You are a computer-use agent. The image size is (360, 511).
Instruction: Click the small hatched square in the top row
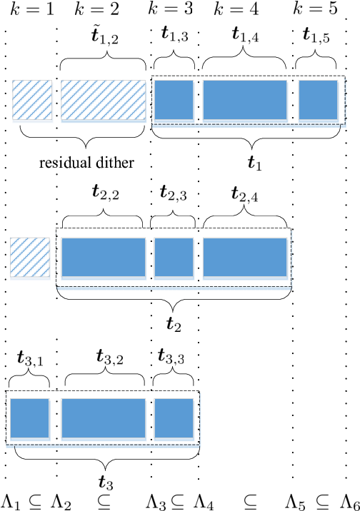[x=32, y=100]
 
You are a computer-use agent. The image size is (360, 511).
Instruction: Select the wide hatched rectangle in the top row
[x=103, y=100]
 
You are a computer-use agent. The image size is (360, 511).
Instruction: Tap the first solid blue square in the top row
[x=174, y=100]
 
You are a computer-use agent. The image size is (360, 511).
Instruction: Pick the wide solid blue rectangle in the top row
[x=245, y=100]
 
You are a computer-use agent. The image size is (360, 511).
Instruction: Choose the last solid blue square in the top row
[x=318, y=100]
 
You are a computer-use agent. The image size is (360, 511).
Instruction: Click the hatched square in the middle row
[x=30, y=257]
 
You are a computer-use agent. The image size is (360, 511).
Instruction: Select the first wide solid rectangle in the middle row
[x=104, y=257]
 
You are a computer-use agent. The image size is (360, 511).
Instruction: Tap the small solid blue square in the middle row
[x=174, y=257]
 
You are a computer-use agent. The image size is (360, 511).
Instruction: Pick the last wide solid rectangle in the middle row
[x=245, y=257]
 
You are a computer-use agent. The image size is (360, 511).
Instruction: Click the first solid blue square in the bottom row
[x=29, y=418]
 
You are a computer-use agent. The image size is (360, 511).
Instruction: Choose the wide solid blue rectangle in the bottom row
[x=104, y=418]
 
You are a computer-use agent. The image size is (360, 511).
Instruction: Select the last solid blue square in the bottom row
[x=174, y=418]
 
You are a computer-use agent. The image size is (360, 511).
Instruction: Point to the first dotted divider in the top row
[x=199, y=100]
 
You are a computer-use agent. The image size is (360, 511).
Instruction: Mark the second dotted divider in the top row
[x=293, y=100]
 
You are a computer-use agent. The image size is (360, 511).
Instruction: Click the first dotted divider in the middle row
[x=151, y=257]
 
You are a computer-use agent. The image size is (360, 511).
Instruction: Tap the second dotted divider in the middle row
[x=199, y=257]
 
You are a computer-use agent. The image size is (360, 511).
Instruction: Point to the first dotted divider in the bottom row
[x=56, y=418]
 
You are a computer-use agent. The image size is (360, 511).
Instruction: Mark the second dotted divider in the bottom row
[x=151, y=418]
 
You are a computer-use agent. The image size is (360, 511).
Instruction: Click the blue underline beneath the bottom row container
[x=103, y=447]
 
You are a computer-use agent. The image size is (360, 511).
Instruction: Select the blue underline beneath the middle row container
[x=174, y=289]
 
